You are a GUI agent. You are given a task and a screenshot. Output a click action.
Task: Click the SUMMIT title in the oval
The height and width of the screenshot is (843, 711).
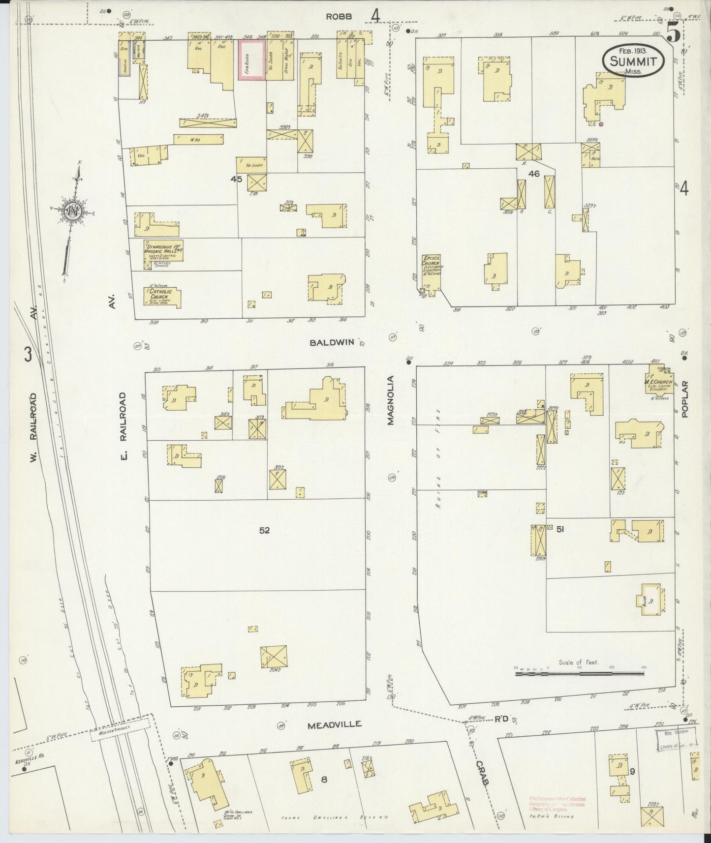point(633,61)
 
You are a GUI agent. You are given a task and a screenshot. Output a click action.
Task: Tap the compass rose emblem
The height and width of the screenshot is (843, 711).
point(72,211)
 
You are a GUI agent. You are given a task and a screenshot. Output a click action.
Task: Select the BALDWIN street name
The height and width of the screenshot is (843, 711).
point(332,342)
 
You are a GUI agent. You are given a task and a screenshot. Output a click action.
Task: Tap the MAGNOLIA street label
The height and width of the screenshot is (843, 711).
point(391,400)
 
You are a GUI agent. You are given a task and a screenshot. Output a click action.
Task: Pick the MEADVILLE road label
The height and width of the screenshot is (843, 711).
point(335,724)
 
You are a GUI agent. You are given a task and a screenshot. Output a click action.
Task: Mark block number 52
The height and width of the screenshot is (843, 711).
point(265,530)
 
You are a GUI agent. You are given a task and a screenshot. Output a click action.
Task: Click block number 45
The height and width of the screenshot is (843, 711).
point(237,179)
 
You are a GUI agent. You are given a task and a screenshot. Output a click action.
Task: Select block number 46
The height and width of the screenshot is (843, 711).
point(534,174)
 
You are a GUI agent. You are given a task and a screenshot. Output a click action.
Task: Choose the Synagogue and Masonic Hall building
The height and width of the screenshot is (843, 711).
point(163,250)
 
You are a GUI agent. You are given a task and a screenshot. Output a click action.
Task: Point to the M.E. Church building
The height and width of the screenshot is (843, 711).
point(659,382)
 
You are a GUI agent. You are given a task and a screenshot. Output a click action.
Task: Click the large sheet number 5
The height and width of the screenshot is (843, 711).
point(674,33)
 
